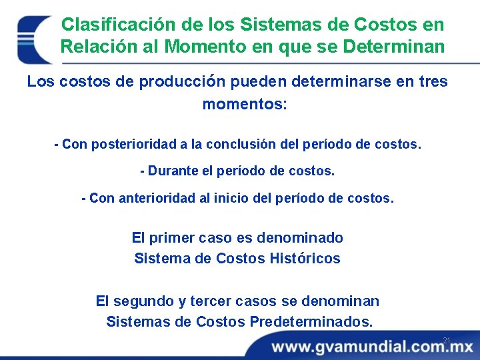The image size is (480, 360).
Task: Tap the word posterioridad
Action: click(131, 144)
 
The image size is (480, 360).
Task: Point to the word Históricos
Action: click(305, 259)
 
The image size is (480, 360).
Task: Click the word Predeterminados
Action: click(311, 322)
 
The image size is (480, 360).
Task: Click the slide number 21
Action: click(447, 341)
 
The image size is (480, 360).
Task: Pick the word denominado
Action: click(300, 238)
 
